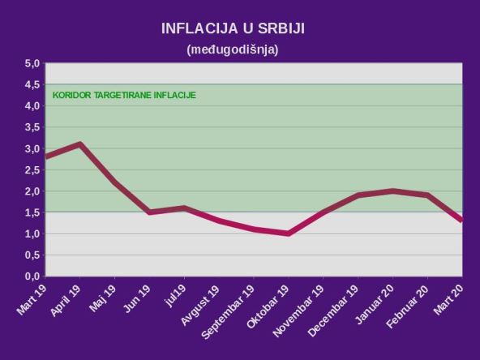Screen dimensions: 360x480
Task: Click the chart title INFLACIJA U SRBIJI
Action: tap(238, 29)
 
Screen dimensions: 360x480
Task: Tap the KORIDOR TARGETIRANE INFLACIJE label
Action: tap(124, 95)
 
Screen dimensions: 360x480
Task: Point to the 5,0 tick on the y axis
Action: tap(32, 63)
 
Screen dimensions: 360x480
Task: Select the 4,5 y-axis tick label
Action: tap(32, 84)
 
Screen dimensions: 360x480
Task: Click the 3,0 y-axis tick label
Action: tap(32, 148)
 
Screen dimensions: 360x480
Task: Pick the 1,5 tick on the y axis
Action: tap(32, 212)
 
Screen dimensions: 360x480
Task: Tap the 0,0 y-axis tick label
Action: tap(32, 276)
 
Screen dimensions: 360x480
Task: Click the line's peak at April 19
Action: tap(80, 144)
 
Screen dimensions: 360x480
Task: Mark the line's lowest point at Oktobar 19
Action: tap(288, 234)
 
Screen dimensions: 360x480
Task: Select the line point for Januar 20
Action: tap(392, 191)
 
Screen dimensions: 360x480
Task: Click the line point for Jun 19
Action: tap(149, 212)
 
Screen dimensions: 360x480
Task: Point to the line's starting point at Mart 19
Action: tap(46, 157)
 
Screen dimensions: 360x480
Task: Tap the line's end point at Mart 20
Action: tap(461, 221)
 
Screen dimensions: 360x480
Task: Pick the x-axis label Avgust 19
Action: tap(201, 305)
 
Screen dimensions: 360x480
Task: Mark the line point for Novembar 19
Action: tap(323, 212)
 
